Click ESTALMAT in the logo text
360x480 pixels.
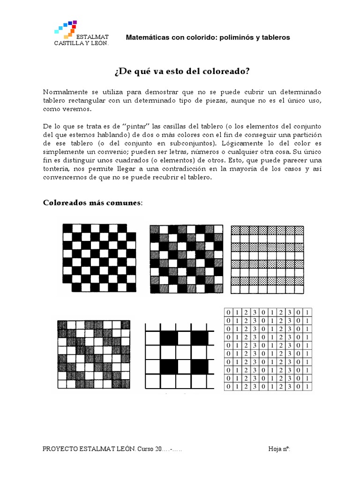coord(92,37)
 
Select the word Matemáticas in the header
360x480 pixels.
coord(146,37)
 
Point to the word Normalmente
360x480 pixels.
coord(64,91)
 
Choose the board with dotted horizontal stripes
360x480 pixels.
coord(267,259)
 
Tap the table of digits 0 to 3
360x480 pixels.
coord(268,349)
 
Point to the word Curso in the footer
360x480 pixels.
coord(141,449)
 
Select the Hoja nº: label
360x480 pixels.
coord(279,449)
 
